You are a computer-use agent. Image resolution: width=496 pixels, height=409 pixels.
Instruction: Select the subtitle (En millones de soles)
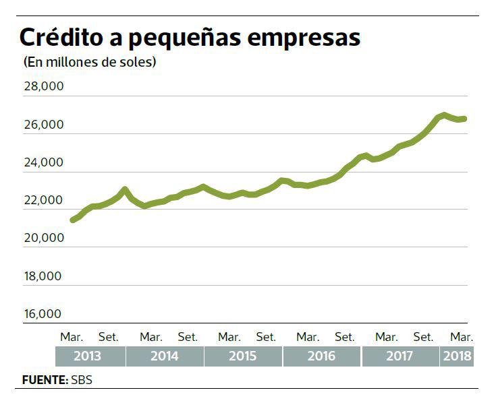pyautogui.click(x=90, y=63)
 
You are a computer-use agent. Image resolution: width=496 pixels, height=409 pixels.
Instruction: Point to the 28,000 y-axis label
pyautogui.click(x=43, y=88)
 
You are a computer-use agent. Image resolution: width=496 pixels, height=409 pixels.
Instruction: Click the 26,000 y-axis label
pyautogui.click(x=43, y=125)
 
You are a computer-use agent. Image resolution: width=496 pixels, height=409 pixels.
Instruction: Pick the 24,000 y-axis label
pyautogui.click(x=43, y=163)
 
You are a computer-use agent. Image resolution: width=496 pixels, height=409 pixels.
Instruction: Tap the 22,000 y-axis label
pyautogui.click(x=43, y=201)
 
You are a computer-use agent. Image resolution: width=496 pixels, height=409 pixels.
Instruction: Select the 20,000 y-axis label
pyautogui.click(x=43, y=239)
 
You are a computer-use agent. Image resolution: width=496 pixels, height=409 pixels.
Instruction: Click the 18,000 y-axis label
pyautogui.click(x=43, y=276)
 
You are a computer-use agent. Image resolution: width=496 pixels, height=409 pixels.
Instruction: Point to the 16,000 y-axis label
pyautogui.click(x=43, y=314)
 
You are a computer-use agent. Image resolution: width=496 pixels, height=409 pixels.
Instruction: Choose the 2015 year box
pyautogui.click(x=243, y=356)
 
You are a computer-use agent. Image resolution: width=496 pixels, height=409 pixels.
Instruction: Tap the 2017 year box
pyautogui.click(x=400, y=356)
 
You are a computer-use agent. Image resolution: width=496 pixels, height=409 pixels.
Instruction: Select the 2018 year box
pyautogui.click(x=457, y=356)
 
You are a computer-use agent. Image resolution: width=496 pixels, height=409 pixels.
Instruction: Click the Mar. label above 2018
pyautogui.click(x=462, y=336)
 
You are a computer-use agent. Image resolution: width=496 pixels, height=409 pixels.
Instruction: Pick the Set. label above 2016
pyautogui.click(x=345, y=336)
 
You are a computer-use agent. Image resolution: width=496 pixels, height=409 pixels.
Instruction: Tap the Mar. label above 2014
pyautogui.click(x=151, y=336)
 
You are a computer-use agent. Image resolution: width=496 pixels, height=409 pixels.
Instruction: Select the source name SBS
pyautogui.click(x=82, y=380)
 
